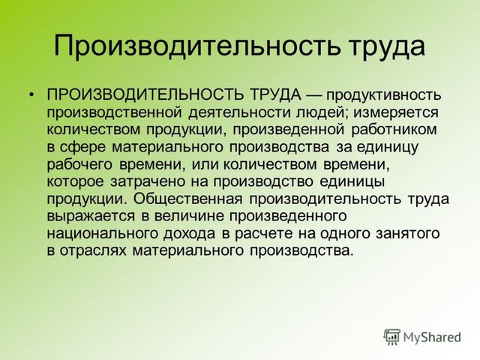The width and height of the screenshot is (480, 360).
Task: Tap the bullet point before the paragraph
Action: [31, 94]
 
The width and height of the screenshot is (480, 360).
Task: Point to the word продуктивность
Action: [383, 96]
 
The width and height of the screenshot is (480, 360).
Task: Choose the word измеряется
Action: [396, 113]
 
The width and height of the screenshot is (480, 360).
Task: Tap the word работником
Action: [394, 130]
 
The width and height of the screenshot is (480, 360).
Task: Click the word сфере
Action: [83, 148]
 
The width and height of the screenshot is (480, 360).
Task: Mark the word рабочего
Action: [80, 165]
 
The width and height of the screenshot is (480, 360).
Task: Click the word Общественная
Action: [188, 199]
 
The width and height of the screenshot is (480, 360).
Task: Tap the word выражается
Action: [91, 217]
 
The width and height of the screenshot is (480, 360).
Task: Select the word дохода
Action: [189, 234]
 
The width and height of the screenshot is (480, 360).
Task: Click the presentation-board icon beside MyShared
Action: [391, 337]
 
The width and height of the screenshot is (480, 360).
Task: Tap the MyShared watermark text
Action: [432, 337]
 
